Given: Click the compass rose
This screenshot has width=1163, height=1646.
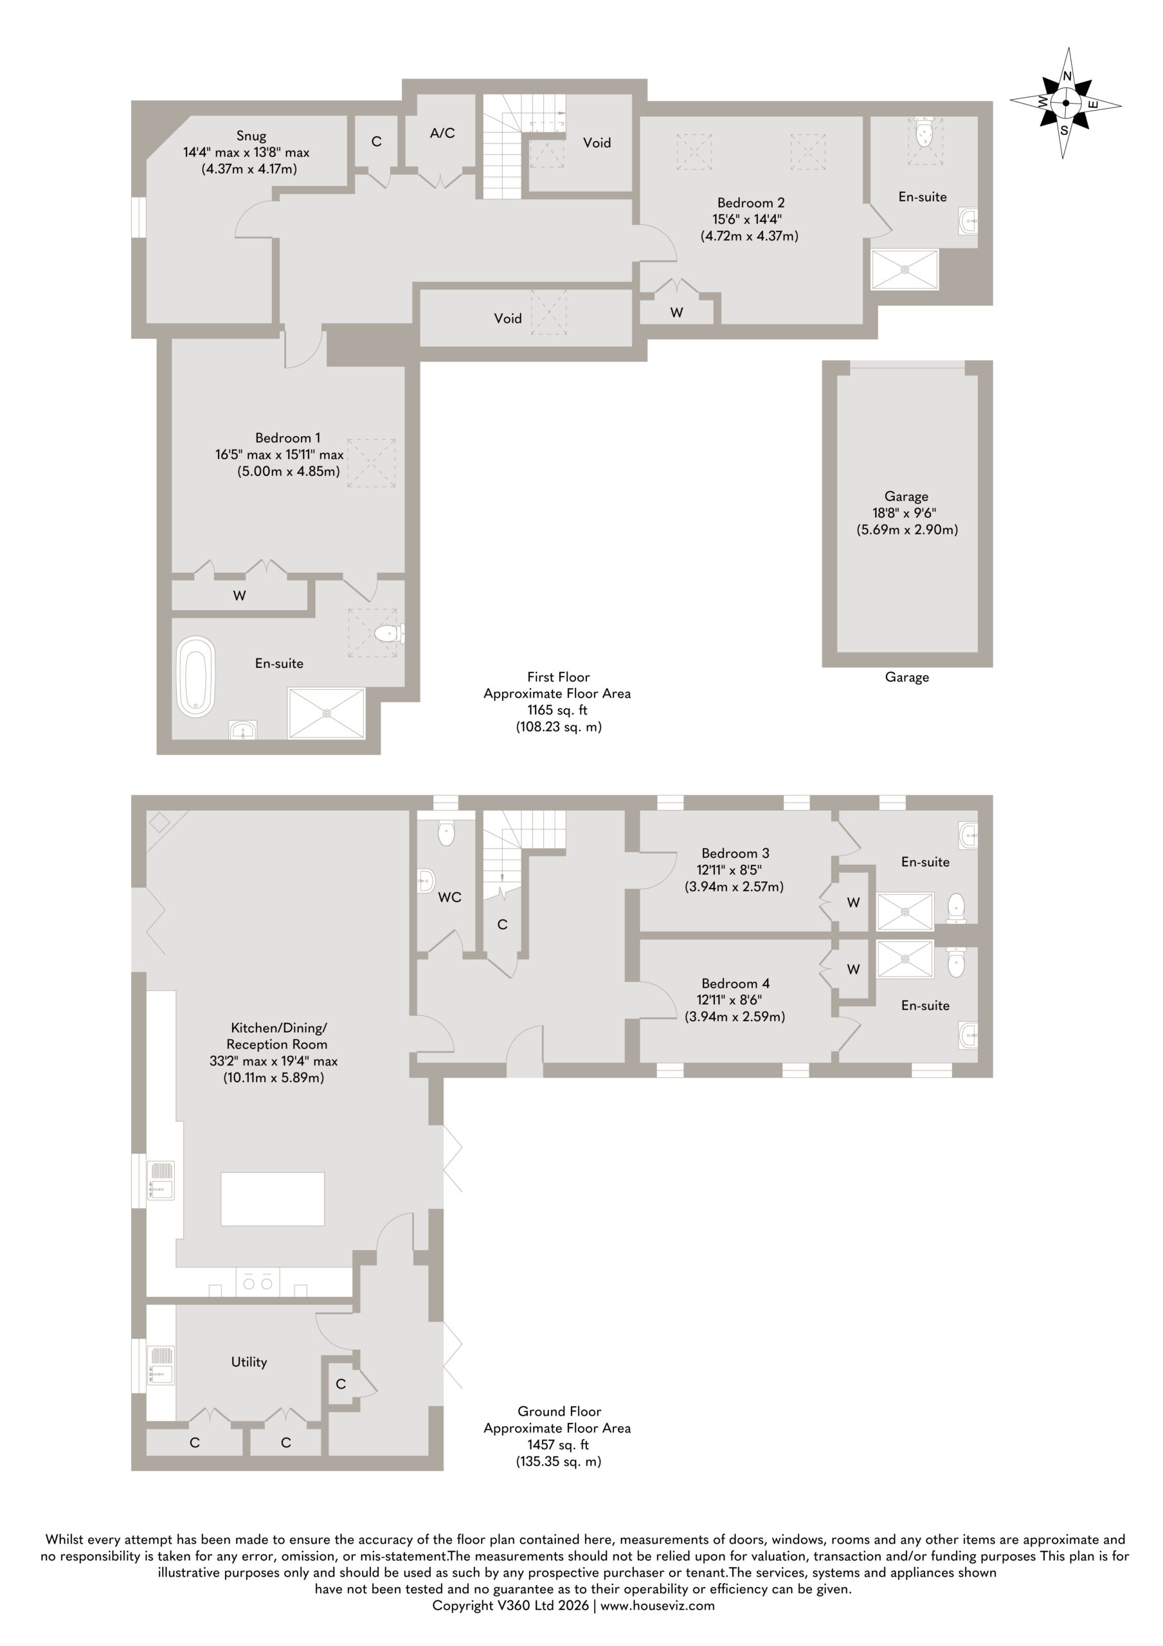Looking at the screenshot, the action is coord(1065,104).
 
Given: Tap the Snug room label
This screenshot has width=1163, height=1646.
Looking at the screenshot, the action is coord(251,136).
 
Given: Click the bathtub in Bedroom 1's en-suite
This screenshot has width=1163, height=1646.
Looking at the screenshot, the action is coord(195,676).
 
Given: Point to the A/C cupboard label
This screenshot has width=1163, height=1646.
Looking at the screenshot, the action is coord(442,132).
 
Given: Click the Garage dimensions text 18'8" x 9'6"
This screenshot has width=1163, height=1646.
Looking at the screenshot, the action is coord(906,512).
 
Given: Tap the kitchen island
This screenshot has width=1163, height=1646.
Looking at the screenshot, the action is coord(273,1198).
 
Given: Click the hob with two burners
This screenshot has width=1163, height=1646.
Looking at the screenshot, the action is coord(257,1283).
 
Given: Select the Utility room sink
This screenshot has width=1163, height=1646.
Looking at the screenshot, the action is coord(161,1364).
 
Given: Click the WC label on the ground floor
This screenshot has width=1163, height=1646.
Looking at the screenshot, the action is coord(449,897).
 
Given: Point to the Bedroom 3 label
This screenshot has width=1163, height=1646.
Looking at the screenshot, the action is coord(735,853).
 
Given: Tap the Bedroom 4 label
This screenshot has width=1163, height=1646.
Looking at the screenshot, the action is coord(735,984).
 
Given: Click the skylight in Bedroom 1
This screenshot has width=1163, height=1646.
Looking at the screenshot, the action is coord(372,463).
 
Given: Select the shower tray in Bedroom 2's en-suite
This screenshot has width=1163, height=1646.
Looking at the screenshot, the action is coord(905,269).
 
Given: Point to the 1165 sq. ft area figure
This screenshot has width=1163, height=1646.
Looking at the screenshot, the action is coord(558,710).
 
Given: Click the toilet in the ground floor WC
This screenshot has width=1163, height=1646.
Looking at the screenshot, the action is coord(446,834).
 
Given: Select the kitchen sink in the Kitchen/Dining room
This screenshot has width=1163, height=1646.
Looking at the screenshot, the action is coord(161,1180).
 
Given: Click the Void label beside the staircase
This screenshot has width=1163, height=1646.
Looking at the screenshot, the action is coord(597,143).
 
